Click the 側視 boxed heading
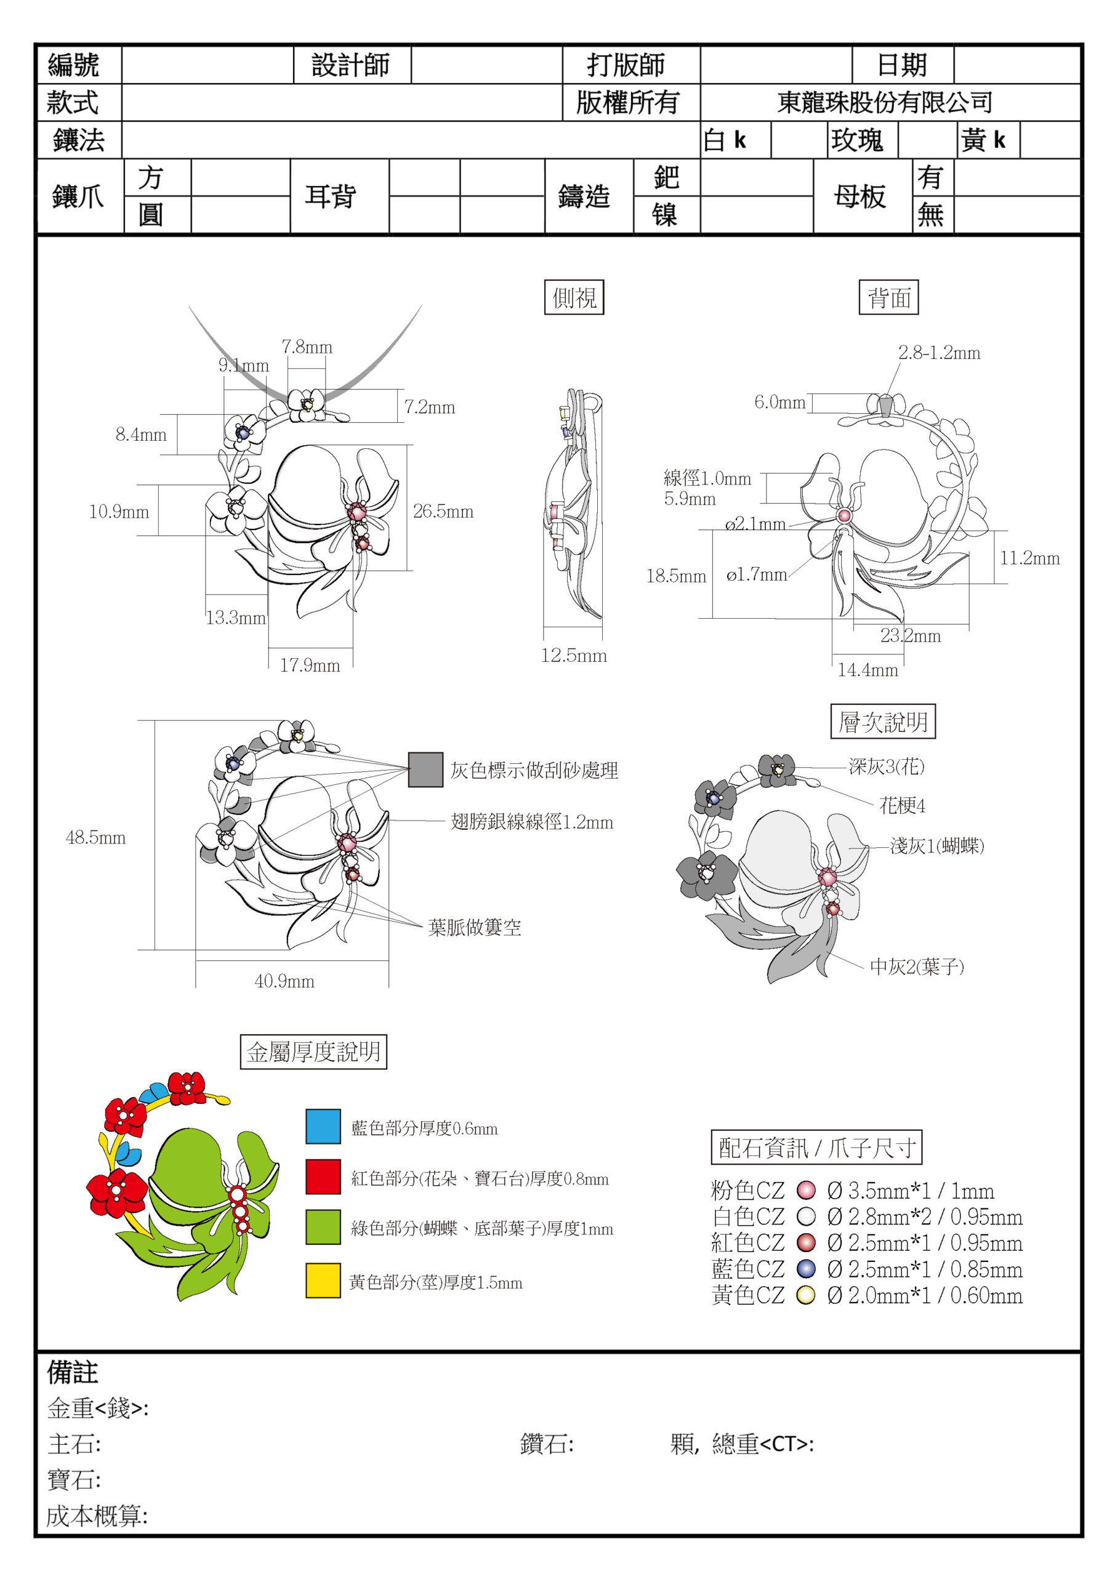(x=574, y=297)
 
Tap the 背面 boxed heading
(x=888, y=297)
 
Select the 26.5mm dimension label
(x=443, y=512)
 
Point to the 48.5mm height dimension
(x=95, y=837)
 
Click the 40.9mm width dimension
(x=284, y=981)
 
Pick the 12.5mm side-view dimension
(x=574, y=656)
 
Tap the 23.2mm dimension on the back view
(x=911, y=635)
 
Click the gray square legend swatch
(x=425, y=770)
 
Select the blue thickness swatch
(x=323, y=1127)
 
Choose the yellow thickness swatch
(x=323, y=1281)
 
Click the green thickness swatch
(x=323, y=1228)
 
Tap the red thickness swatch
(x=323, y=1177)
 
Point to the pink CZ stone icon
(x=806, y=1189)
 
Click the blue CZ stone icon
(x=806, y=1268)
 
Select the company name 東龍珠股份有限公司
(x=885, y=102)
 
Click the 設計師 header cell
(x=351, y=65)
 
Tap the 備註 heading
(x=72, y=1372)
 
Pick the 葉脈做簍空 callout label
(x=475, y=927)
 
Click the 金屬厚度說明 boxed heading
(x=314, y=1051)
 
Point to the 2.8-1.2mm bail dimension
(x=940, y=353)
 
